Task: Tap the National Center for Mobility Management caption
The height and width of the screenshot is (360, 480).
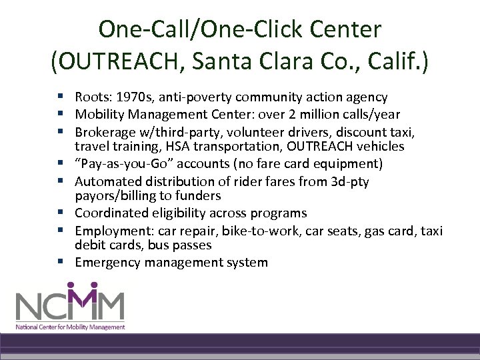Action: point(70,327)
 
